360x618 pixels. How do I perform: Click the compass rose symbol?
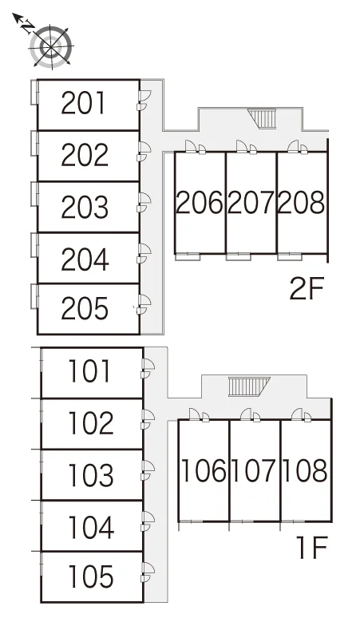(51, 47)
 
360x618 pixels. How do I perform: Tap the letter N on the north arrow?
(27, 27)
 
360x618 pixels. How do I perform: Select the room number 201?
(84, 103)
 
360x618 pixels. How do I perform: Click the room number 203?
(85, 207)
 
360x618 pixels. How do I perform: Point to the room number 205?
(85, 308)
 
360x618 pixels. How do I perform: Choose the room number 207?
(251, 203)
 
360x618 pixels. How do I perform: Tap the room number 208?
(302, 203)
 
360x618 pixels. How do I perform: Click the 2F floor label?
(307, 288)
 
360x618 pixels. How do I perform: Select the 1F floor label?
(311, 548)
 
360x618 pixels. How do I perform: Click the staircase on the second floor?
(263, 119)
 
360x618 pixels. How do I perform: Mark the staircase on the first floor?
(249, 386)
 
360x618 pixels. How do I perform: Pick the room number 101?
(89, 370)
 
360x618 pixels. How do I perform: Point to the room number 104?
(91, 527)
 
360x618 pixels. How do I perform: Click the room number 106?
(204, 470)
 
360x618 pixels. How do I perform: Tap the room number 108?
(305, 470)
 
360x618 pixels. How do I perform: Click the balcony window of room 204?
(34, 245)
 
